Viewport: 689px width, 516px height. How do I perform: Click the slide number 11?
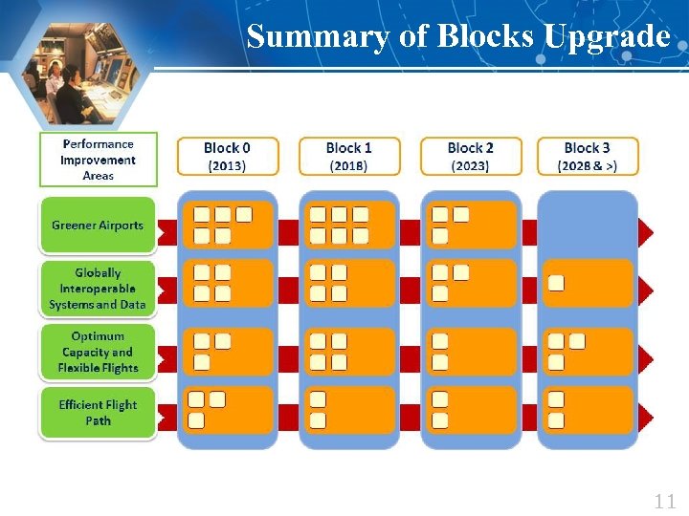[x=664, y=501]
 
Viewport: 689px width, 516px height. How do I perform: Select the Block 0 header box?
[x=228, y=156]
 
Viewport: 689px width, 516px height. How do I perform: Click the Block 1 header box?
[x=349, y=156]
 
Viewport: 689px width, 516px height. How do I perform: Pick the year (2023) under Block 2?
[x=470, y=165]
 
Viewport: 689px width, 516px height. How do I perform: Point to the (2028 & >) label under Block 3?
[x=587, y=165]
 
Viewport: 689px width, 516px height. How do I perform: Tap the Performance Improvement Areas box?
[x=98, y=160]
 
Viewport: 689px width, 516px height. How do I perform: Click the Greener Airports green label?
[x=98, y=226]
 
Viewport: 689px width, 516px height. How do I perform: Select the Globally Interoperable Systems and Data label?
[x=98, y=289]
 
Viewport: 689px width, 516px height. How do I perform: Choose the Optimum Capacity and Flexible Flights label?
[x=98, y=352]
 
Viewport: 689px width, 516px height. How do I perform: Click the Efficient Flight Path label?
[x=98, y=413]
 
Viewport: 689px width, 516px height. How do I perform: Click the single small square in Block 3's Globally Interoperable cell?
[x=556, y=283]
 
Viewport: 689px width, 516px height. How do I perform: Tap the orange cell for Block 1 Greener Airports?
[x=350, y=225]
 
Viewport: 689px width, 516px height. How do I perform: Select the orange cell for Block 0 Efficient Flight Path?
[x=229, y=410]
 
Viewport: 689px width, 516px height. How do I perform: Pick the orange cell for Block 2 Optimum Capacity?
[x=472, y=351]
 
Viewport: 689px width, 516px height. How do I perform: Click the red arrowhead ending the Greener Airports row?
[x=646, y=231]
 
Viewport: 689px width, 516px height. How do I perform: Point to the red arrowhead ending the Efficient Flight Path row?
[x=646, y=416]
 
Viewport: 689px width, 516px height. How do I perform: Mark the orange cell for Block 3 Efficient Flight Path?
[x=589, y=410]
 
